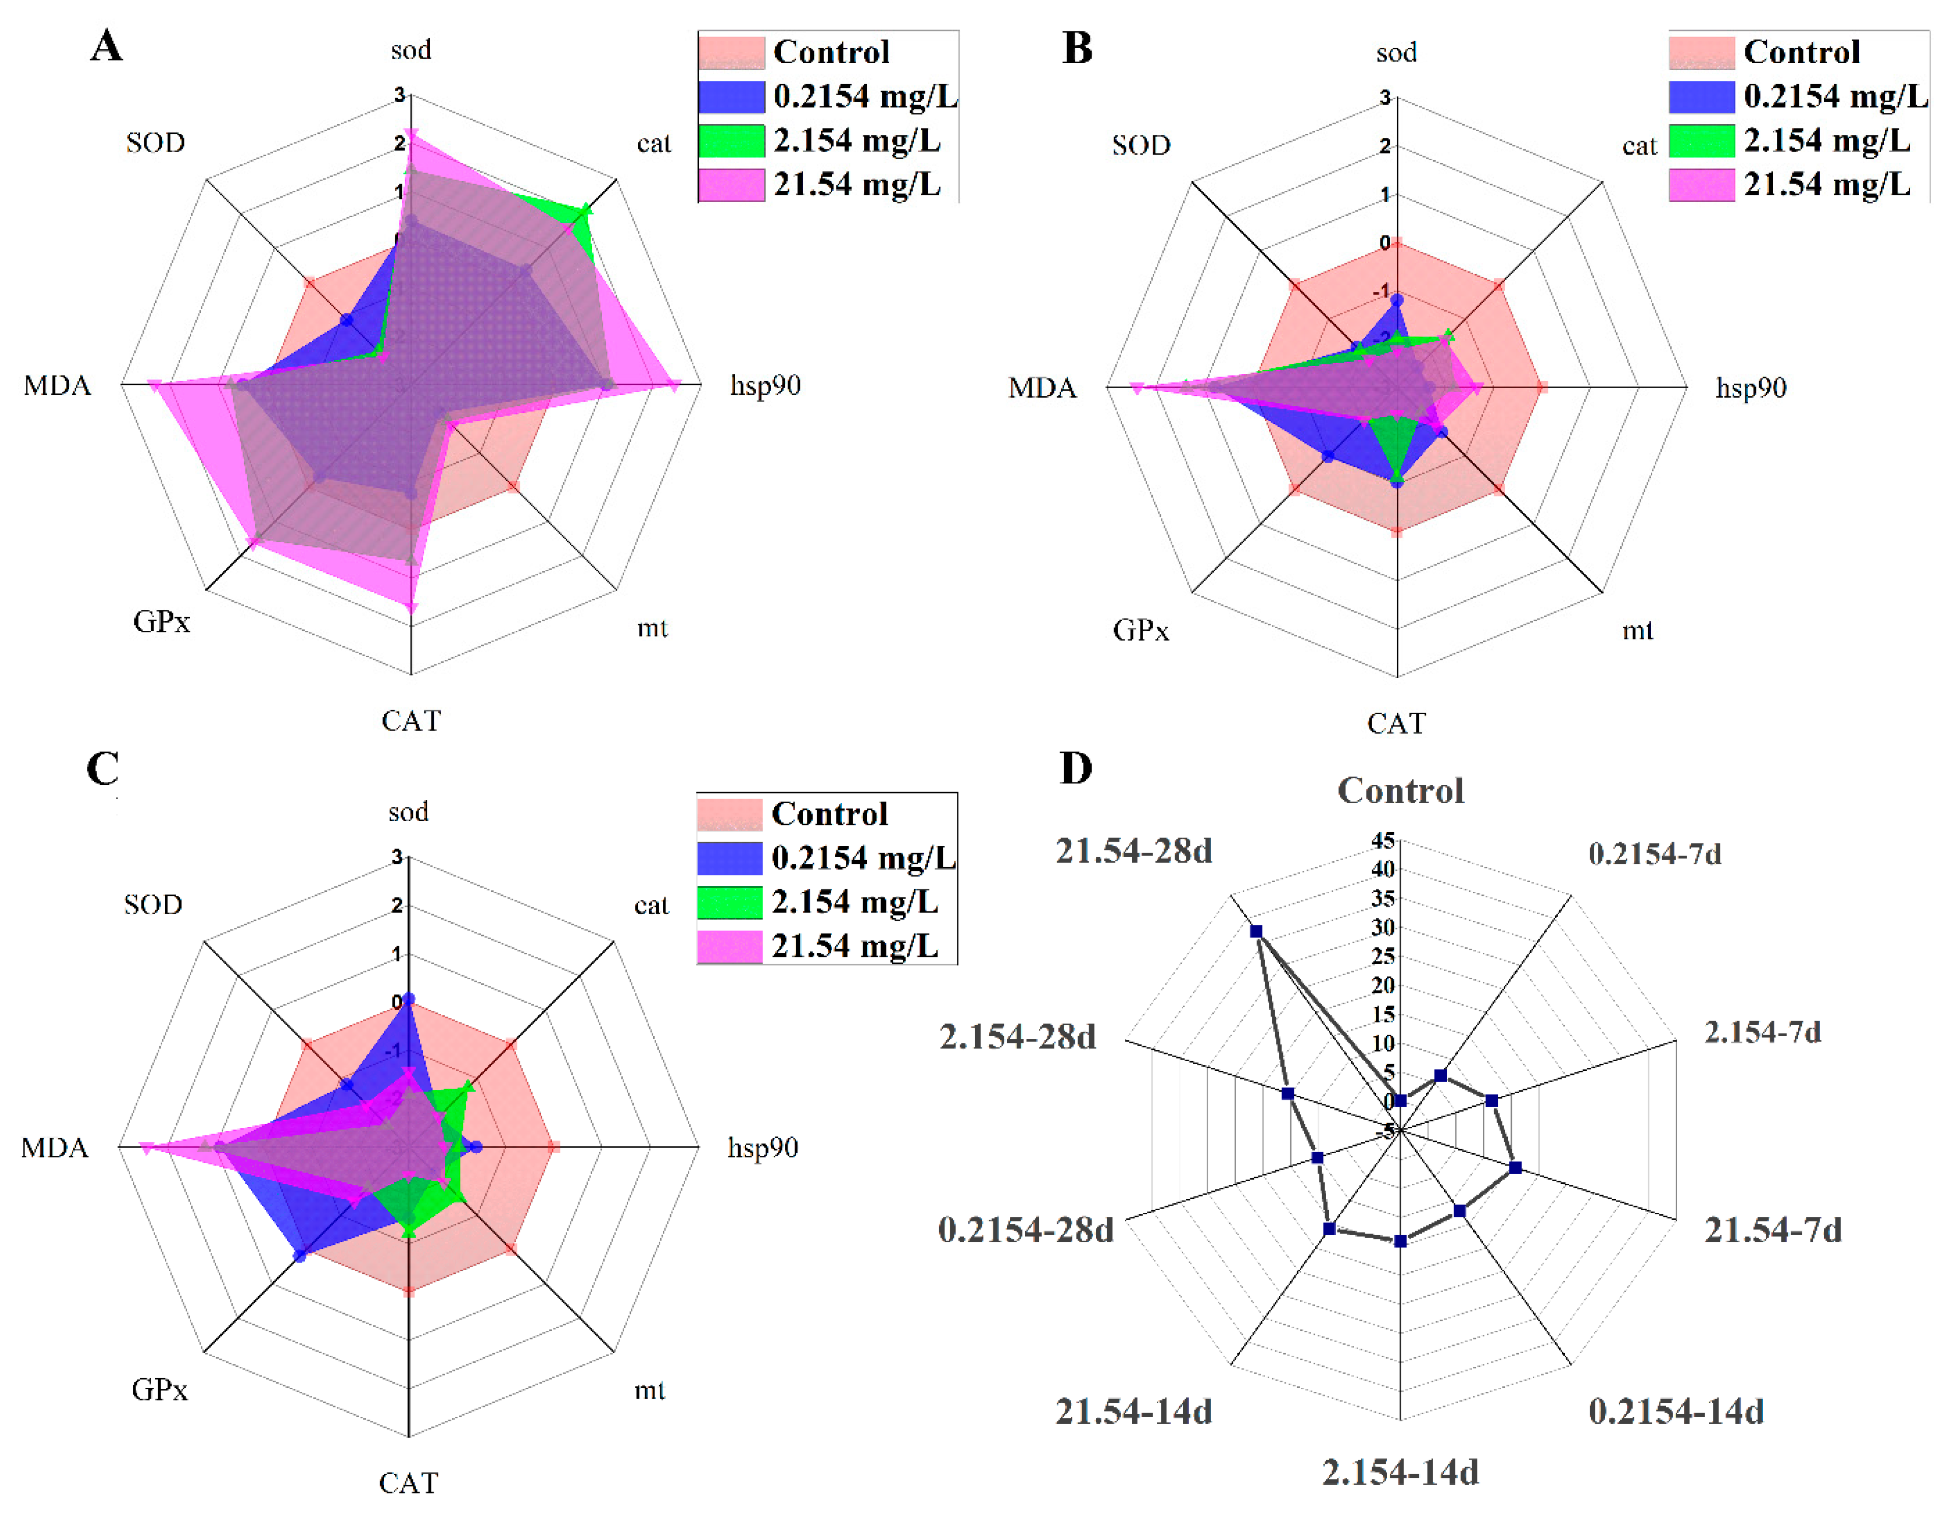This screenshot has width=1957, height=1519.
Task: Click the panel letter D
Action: point(1076,768)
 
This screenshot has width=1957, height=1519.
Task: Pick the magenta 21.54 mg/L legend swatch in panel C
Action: point(729,946)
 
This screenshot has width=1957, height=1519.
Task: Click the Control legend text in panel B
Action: point(1801,52)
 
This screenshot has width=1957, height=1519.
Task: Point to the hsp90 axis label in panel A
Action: point(765,386)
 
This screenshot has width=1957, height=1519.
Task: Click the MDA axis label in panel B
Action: point(1042,388)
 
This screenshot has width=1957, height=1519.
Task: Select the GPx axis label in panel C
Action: point(160,1389)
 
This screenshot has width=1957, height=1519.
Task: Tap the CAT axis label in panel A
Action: point(412,720)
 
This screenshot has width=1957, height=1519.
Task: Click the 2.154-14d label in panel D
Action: point(1399,1472)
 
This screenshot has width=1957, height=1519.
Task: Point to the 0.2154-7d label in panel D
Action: point(1654,853)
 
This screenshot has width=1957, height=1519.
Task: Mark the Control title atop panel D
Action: point(1400,791)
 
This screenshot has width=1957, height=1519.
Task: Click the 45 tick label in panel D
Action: point(1383,840)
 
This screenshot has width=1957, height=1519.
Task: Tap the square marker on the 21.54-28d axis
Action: point(1257,931)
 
